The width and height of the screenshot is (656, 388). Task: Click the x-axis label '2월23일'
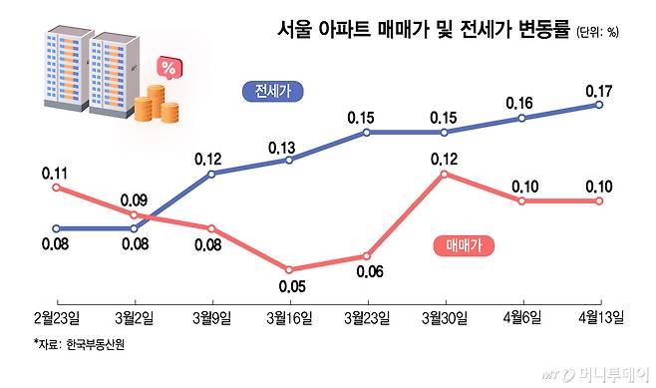point(57,319)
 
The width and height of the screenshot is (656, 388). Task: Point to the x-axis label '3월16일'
point(289,319)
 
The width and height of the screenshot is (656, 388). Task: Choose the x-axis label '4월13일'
point(600,319)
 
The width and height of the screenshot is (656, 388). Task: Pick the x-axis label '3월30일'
point(445,319)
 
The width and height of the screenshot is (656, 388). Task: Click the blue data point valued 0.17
point(600,104)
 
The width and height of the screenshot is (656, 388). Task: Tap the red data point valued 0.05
point(289,269)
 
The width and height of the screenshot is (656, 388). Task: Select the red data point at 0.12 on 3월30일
point(445,174)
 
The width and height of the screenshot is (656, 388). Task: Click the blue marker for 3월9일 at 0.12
point(212,174)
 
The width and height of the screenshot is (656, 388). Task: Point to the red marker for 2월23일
point(57,187)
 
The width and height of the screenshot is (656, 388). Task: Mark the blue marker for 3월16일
point(289,160)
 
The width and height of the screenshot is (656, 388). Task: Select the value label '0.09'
point(134,200)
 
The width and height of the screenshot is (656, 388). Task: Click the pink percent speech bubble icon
point(169,69)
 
